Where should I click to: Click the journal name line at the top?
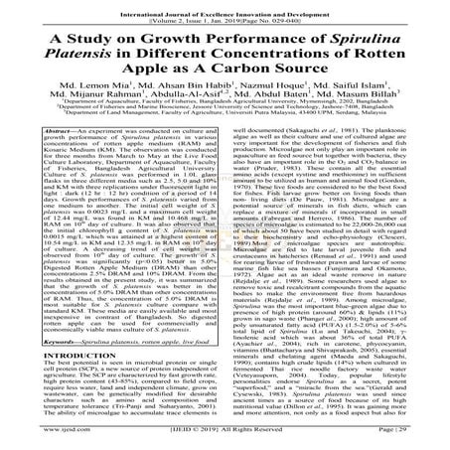point(225,7)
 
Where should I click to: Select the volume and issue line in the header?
point(225,16)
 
